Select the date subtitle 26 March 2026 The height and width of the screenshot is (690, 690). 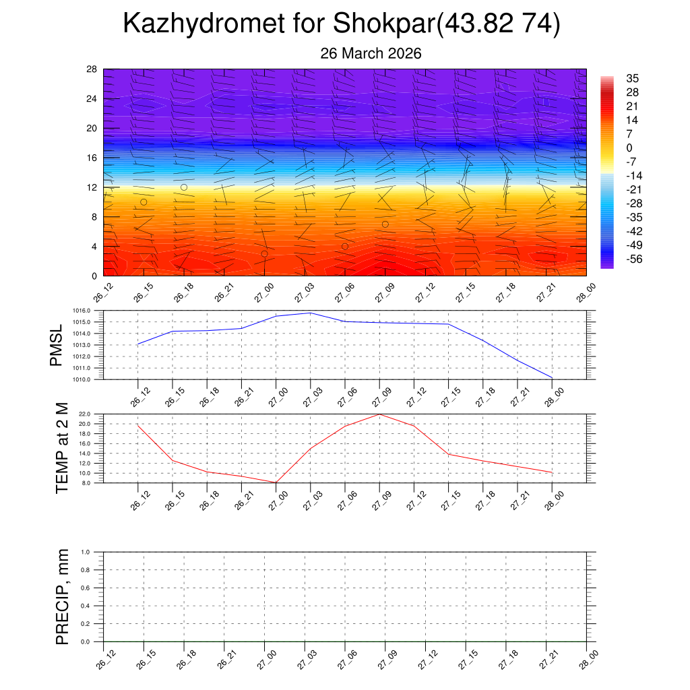371,53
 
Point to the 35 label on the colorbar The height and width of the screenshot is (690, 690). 632,77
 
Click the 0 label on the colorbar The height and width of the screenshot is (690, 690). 629,148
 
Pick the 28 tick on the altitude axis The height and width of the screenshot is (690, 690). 92,69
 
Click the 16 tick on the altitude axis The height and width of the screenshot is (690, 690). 92,158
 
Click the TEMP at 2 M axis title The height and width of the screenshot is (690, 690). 62,448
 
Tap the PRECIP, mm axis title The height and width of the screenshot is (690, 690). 62,597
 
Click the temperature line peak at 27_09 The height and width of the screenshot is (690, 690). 379,414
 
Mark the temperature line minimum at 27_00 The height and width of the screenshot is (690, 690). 276,482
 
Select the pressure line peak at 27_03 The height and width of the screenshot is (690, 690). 310,313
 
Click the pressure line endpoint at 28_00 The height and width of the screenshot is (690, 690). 552,377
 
